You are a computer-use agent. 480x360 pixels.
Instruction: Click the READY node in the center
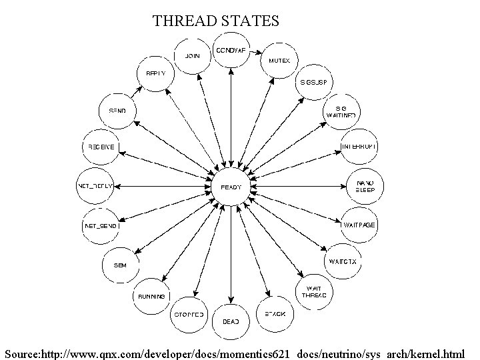coord(231,187)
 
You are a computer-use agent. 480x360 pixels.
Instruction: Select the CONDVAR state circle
coord(231,51)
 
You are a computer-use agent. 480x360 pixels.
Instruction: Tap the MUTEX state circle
coord(279,60)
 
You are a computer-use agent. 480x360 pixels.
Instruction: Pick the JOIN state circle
coord(193,55)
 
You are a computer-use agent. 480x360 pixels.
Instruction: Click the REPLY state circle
coord(155,75)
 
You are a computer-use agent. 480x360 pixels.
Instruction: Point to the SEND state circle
coord(117,110)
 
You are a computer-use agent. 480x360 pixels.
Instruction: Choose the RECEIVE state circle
coord(100,146)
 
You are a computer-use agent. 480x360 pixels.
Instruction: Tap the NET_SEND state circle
coord(101,226)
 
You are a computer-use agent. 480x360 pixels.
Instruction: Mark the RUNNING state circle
coord(151,295)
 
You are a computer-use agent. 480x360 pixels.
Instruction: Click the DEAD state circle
coord(231,321)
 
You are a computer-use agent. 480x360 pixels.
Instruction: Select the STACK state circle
coord(274,313)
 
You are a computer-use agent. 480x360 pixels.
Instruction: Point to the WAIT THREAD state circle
coord(314,291)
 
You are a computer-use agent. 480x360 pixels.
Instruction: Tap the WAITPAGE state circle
coord(359,225)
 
